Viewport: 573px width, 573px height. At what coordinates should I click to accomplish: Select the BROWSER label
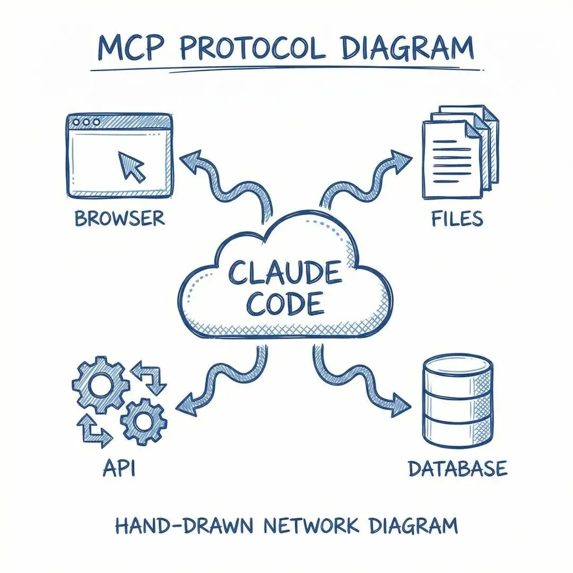(119, 219)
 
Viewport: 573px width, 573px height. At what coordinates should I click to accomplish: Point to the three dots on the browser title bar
(87, 122)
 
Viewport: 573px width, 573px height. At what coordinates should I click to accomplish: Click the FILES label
(457, 219)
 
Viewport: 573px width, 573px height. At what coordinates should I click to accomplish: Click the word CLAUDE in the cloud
(284, 273)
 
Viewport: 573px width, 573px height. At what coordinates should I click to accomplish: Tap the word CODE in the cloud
(285, 303)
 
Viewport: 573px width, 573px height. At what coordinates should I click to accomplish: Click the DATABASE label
(457, 469)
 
